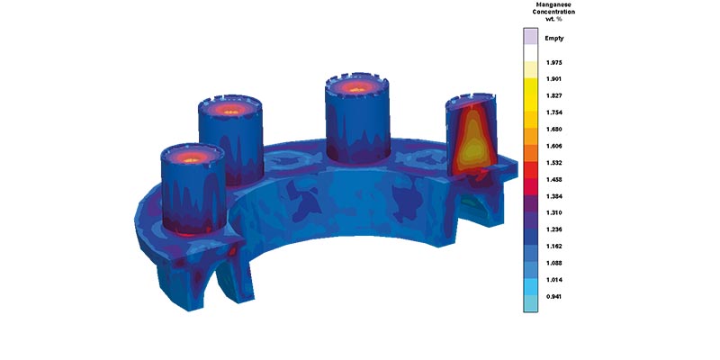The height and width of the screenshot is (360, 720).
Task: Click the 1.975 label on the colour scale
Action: (554, 62)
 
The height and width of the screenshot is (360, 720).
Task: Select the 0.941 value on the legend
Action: (554, 297)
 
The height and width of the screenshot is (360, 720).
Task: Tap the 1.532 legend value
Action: (554, 163)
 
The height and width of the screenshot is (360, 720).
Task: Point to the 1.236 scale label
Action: (554, 229)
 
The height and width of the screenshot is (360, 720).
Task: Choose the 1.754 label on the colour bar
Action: (554, 112)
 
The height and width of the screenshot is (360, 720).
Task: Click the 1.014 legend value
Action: (554, 280)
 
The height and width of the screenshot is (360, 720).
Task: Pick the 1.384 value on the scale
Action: (554, 196)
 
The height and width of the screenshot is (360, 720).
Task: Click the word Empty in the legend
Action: (554, 39)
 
